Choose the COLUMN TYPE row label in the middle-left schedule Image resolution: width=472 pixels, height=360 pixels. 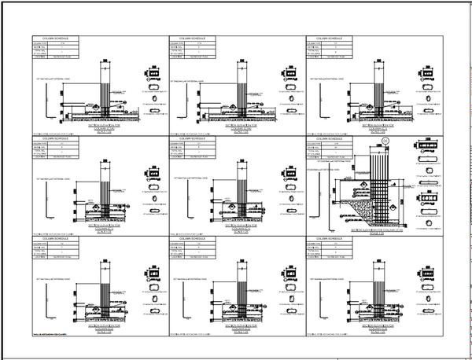tap(40, 143)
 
